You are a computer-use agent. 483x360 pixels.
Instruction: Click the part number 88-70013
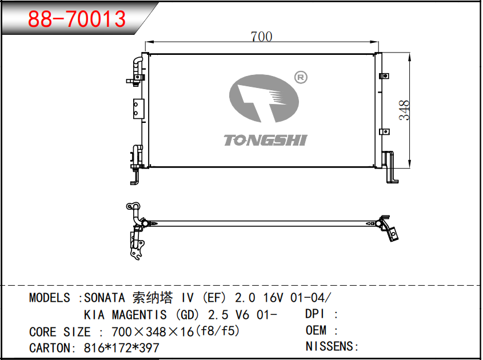pyautogui.click(x=77, y=19)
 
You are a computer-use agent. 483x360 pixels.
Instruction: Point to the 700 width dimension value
pyautogui.click(x=261, y=37)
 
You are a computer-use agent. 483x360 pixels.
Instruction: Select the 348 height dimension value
pyautogui.click(x=404, y=110)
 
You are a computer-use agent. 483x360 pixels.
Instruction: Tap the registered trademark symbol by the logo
pyautogui.click(x=301, y=77)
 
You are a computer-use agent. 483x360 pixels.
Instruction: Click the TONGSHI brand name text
pyautogui.click(x=266, y=140)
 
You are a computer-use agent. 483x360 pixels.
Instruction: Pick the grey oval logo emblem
pyautogui.click(x=264, y=98)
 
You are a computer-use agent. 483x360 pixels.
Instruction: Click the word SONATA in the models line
pyautogui.click(x=105, y=298)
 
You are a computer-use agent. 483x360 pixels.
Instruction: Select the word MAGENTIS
pyautogui.click(x=139, y=315)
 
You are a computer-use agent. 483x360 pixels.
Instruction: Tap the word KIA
pyautogui.click(x=94, y=315)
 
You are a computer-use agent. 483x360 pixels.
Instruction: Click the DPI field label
pyautogui.click(x=315, y=314)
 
